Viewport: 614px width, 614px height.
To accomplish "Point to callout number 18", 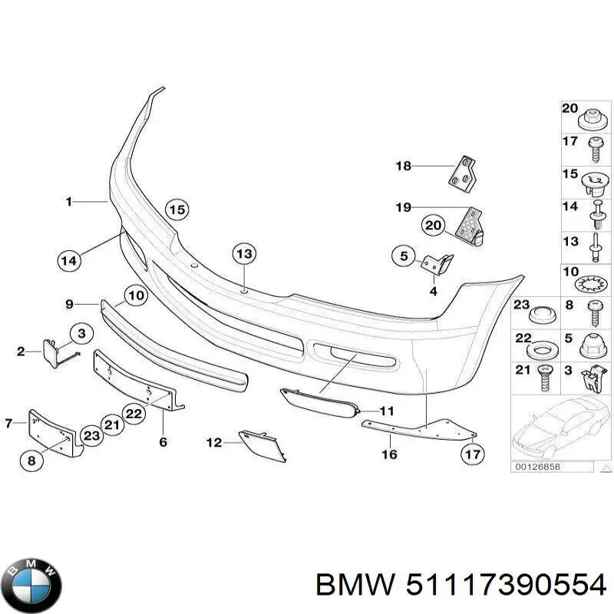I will pyautogui.click(x=404, y=166).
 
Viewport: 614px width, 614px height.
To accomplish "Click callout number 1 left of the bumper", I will pyautogui.click(x=68, y=202).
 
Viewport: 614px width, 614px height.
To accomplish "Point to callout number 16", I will pyautogui.click(x=389, y=454).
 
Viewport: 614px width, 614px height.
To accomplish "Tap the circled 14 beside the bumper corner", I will pyautogui.click(x=69, y=260).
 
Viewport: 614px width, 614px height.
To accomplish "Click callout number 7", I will pyautogui.click(x=10, y=422).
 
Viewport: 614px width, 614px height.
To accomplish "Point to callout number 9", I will pyautogui.click(x=69, y=305).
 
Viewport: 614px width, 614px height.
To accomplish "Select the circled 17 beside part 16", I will pyautogui.click(x=473, y=454).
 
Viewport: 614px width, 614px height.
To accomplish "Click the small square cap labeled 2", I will pyautogui.click(x=54, y=352).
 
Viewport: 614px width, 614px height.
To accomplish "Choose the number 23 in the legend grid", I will pyautogui.click(x=522, y=305).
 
